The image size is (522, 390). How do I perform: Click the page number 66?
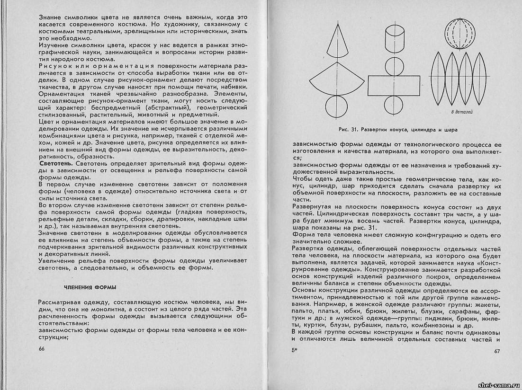tap(41, 349)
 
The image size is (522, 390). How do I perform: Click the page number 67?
tap(497, 351)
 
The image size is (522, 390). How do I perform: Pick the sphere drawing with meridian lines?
tap(459, 33)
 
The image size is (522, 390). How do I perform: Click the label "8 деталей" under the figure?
tap(459, 112)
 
